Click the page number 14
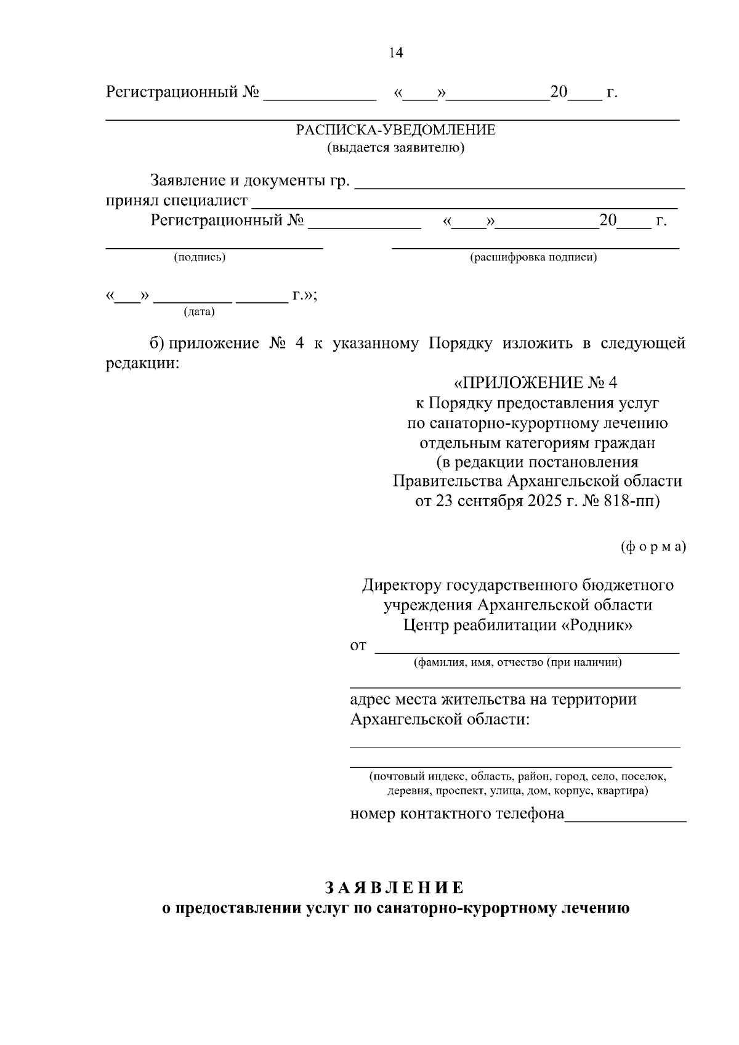pyautogui.click(x=396, y=53)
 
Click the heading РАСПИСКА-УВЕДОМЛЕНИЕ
pyautogui.click(x=395, y=130)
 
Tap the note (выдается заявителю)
pyautogui.click(x=395, y=148)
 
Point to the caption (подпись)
pyautogui.click(x=200, y=257)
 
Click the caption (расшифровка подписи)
pyautogui.click(x=533, y=257)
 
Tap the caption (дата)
pyautogui.click(x=200, y=312)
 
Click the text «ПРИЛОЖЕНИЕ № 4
pyautogui.click(x=535, y=383)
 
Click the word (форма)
pyautogui.click(x=653, y=547)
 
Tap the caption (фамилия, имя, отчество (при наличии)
pyautogui.click(x=517, y=663)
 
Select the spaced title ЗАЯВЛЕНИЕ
pyautogui.click(x=395, y=887)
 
